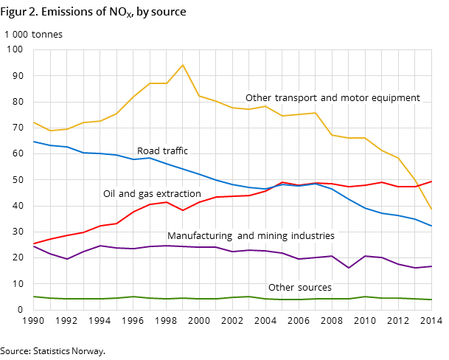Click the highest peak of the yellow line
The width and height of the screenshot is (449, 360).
(x=183, y=65)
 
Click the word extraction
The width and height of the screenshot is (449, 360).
(x=178, y=194)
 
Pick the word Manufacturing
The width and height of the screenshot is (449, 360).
(x=198, y=236)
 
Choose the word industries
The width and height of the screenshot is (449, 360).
(x=313, y=236)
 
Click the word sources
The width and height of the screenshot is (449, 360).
(x=314, y=288)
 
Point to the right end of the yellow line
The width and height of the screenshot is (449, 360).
(x=431, y=209)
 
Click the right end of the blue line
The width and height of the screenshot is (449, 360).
(x=431, y=226)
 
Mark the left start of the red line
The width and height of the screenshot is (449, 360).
(x=33, y=243)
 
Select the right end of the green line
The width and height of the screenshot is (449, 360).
(x=431, y=300)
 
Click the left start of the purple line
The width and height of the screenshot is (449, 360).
(x=33, y=246)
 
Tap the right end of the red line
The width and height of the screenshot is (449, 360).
(x=431, y=181)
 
